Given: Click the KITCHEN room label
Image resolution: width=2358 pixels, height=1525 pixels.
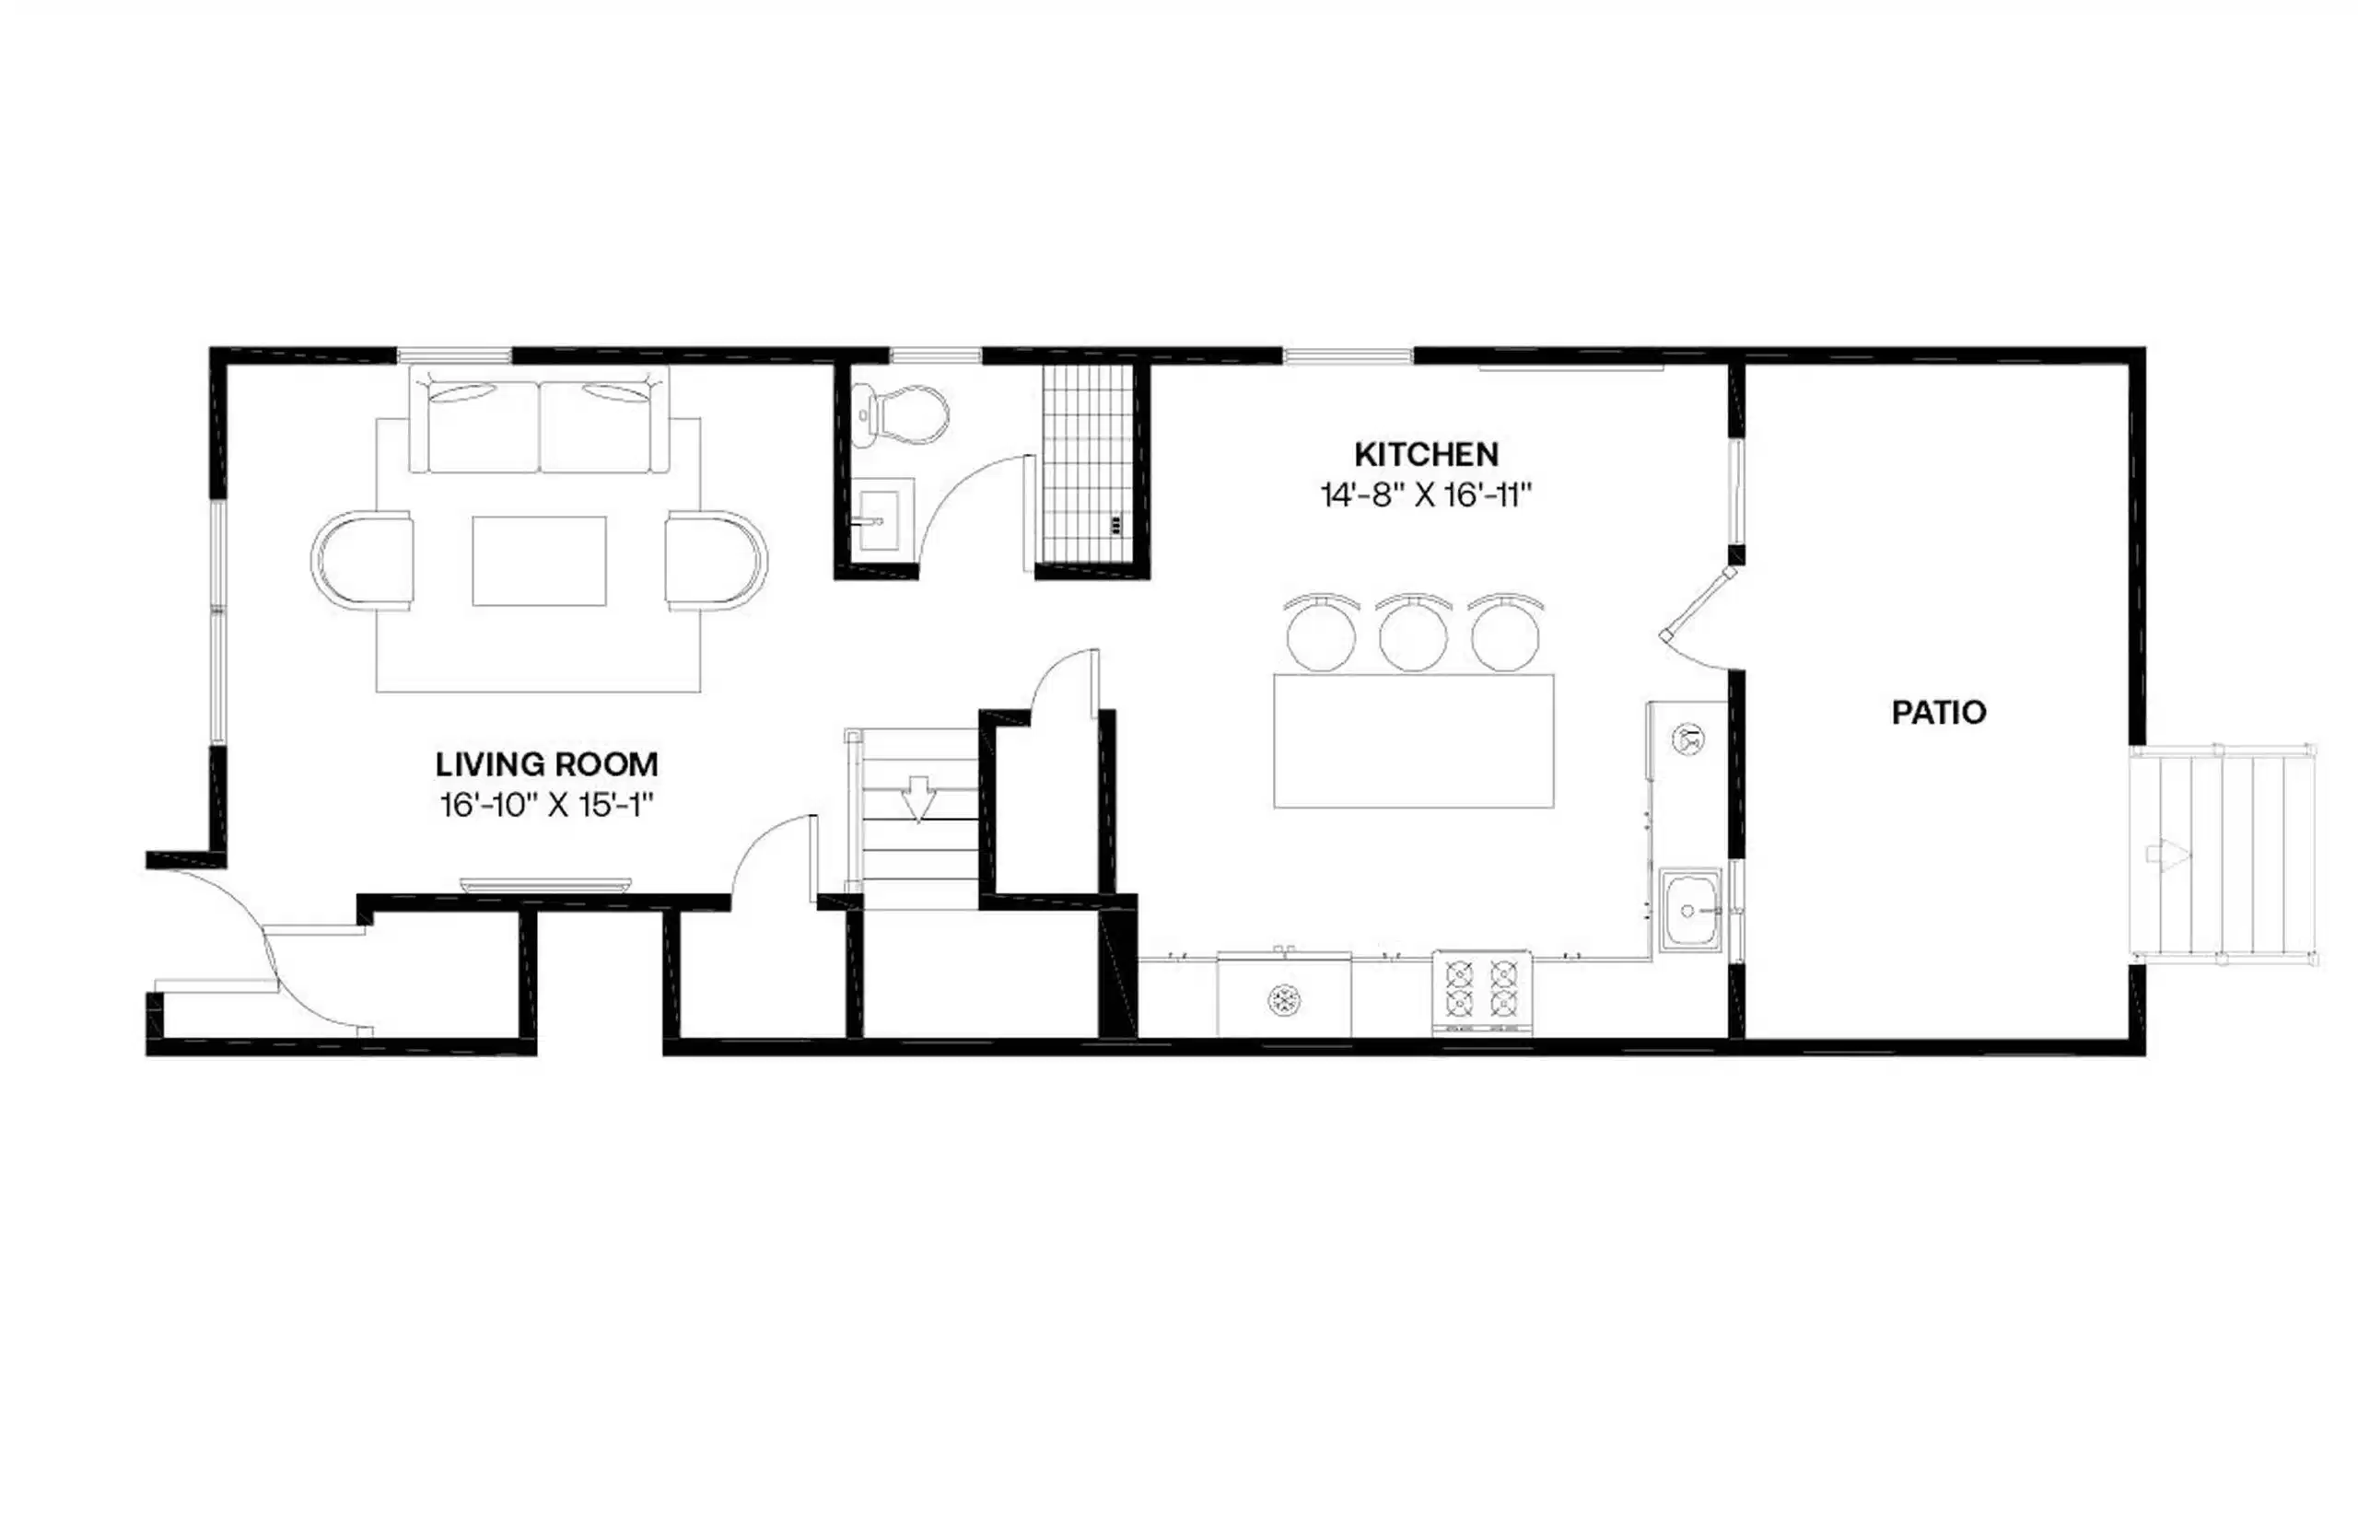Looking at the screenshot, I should pyautogui.click(x=1425, y=455).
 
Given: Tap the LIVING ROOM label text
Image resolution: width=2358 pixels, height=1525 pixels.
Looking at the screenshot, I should pyautogui.click(x=545, y=764).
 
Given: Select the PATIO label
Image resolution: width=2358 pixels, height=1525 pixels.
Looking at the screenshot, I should pyautogui.click(x=1937, y=713).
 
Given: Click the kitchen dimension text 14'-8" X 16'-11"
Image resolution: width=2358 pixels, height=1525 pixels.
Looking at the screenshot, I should pyautogui.click(x=1425, y=495).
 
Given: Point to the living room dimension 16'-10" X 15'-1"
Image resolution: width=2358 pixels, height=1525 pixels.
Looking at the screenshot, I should pyautogui.click(x=545, y=805).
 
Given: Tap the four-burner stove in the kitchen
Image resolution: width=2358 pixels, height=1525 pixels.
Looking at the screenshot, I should pyautogui.click(x=1481, y=991).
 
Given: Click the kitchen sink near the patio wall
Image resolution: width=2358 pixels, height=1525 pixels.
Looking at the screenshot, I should pyautogui.click(x=1690, y=910).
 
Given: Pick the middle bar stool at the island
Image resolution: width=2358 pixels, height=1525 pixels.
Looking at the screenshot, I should pyautogui.click(x=1412, y=634).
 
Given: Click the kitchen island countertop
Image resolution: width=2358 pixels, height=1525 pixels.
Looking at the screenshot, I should pyautogui.click(x=1412, y=740).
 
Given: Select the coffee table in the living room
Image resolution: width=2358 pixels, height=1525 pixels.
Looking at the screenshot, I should pyautogui.click(x=539, y=561).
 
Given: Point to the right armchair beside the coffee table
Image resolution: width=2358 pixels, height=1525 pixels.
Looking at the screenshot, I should pyautogui.click(x=715, y=561).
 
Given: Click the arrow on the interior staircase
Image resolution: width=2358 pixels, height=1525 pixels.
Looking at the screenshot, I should pyautogui.click(x=918, y=798).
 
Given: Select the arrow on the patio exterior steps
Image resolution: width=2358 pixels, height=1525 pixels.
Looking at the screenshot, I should pyautogui.click(x=2166, y=854).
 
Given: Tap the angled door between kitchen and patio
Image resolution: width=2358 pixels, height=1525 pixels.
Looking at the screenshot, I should pyautogui.click(x=1699, y=601).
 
